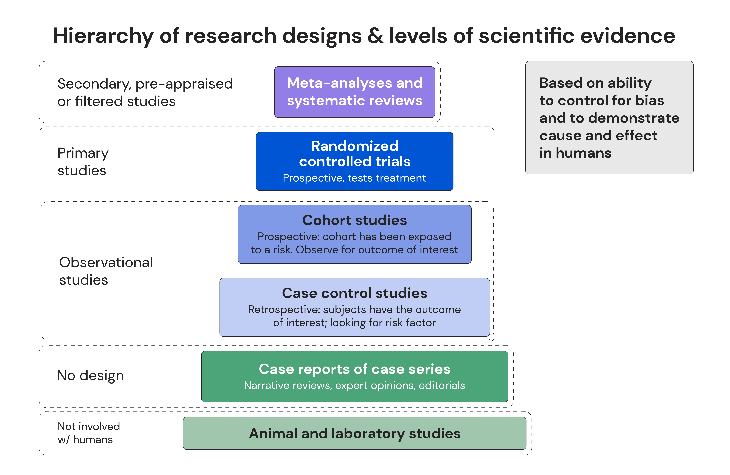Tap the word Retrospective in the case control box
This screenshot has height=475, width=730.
click(284, 310)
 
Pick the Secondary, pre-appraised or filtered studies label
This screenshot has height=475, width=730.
click(145, 92)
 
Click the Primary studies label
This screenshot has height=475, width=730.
click(83, 162)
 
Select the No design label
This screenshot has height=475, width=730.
click(90, 375)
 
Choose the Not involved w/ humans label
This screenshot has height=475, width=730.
click(89, 433)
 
